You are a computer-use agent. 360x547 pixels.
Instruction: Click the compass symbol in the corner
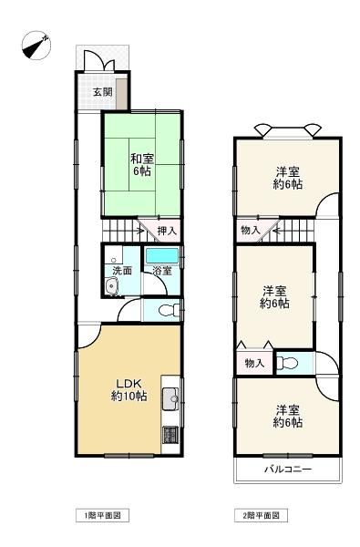[36, 46]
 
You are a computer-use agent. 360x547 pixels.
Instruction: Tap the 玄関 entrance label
[103, 92]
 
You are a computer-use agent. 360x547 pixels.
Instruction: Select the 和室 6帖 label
[142, 165]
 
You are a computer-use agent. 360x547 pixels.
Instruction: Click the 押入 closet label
[167, 231]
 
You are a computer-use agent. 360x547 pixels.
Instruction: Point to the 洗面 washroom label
[122, 271]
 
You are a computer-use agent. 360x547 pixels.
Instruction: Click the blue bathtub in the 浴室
[162, 256]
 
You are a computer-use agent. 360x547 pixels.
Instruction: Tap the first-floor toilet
[169, 310]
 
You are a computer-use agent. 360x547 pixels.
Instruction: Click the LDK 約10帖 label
[129, 389]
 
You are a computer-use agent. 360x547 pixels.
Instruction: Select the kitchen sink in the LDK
[170, 399]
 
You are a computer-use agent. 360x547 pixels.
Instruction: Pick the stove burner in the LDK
[170, 435]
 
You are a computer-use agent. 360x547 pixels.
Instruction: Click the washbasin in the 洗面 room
[112, 286]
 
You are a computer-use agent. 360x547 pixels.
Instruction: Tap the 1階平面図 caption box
[103, 515]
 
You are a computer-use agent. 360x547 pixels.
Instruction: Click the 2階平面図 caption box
[261, 515]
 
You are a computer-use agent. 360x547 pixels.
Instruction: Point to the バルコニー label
[287, 469]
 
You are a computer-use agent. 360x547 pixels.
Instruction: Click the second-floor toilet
[287, 363]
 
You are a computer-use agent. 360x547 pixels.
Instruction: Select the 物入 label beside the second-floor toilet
[254, 363]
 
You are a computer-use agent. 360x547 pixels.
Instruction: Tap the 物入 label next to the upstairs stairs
[251, 230]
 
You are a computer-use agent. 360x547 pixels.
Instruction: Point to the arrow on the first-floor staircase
[138, 231]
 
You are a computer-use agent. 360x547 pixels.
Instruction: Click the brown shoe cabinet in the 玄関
[121, 94]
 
